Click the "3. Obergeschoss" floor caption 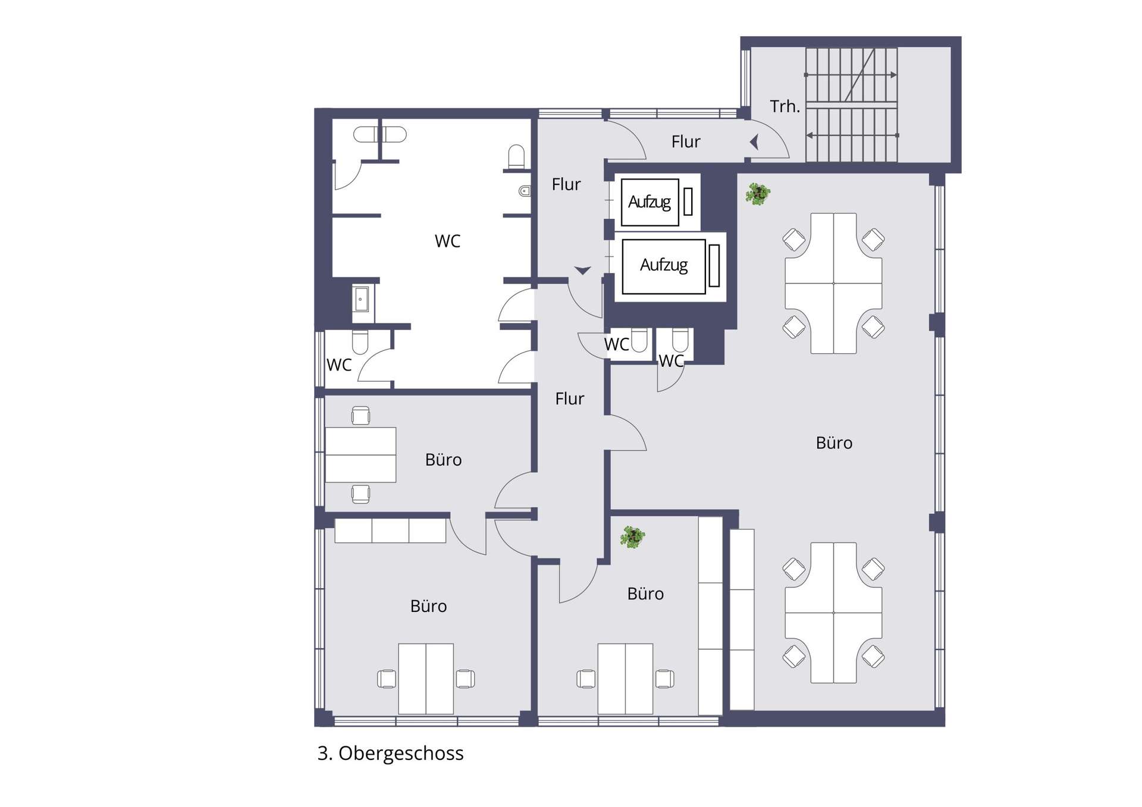tap(390, 753)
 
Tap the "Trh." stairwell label tap(785, 106)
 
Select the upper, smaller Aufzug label tap(650, 202)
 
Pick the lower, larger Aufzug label tap(664, 265)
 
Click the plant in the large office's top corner tap(758, 194)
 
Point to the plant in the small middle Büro tap(632, 537)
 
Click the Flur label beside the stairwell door tap(686, 142)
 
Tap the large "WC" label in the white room tap(447, 241)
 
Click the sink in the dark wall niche tap(360, 299)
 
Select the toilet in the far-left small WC tap(360, 341)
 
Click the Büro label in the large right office tap(834, 442)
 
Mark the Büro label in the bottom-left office tap(428, 606)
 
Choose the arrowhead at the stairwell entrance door tap(754, 142)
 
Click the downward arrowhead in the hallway tap(582, 271)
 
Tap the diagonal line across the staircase tap(859, 75)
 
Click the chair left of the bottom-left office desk tap(387, 679)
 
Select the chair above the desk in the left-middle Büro tap(360, 415)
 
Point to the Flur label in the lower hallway tap(570, 398)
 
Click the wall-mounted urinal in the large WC tap(525, 191)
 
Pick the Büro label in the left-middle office tap(443, 460)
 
